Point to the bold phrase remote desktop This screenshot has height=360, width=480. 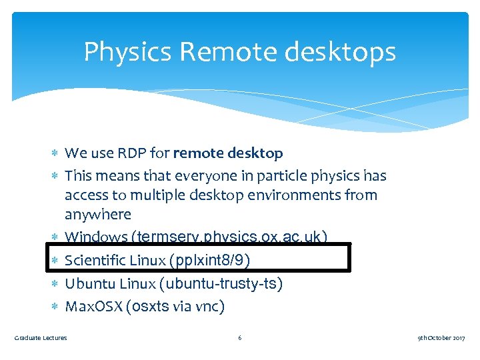tap(228, 153)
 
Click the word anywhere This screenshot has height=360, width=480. tap(98, 215)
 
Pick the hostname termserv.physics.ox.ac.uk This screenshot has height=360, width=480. tap(230, 237)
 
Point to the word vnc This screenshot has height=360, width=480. tap(209, 307)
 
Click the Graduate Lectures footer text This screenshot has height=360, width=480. tap(41, 338)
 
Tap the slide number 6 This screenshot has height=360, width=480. tap(240, 338)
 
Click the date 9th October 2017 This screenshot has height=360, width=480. tap(441, 338)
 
